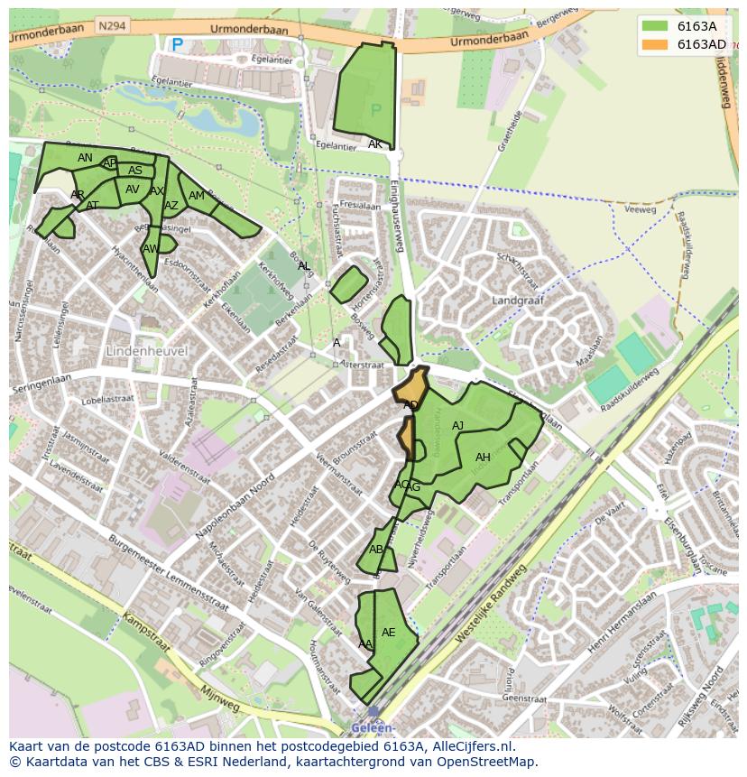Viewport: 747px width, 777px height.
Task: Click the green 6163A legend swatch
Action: point(656,26)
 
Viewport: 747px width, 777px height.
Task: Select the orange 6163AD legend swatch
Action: point(656,44)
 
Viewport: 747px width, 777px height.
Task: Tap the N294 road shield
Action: point(113,26)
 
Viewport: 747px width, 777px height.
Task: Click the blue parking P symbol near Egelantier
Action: point(177,43)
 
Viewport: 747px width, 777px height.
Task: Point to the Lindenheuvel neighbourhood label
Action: point(146,349)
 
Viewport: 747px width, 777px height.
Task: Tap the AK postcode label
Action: point(375,144)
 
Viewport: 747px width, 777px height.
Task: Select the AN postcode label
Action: point(85,158)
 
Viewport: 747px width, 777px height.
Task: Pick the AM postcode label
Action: point(197,196)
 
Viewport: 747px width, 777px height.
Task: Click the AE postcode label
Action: point(389,633)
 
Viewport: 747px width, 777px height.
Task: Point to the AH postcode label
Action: point(483,458)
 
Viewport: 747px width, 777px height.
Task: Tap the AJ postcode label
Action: point(457,426)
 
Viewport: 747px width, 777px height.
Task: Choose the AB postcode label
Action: point(376,550)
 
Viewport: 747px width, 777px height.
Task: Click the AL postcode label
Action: point(304,265)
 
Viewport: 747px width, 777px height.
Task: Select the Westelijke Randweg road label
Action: point(490,606)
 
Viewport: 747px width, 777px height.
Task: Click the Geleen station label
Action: point(372,727)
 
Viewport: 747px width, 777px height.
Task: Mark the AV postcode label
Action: point(133,190)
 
